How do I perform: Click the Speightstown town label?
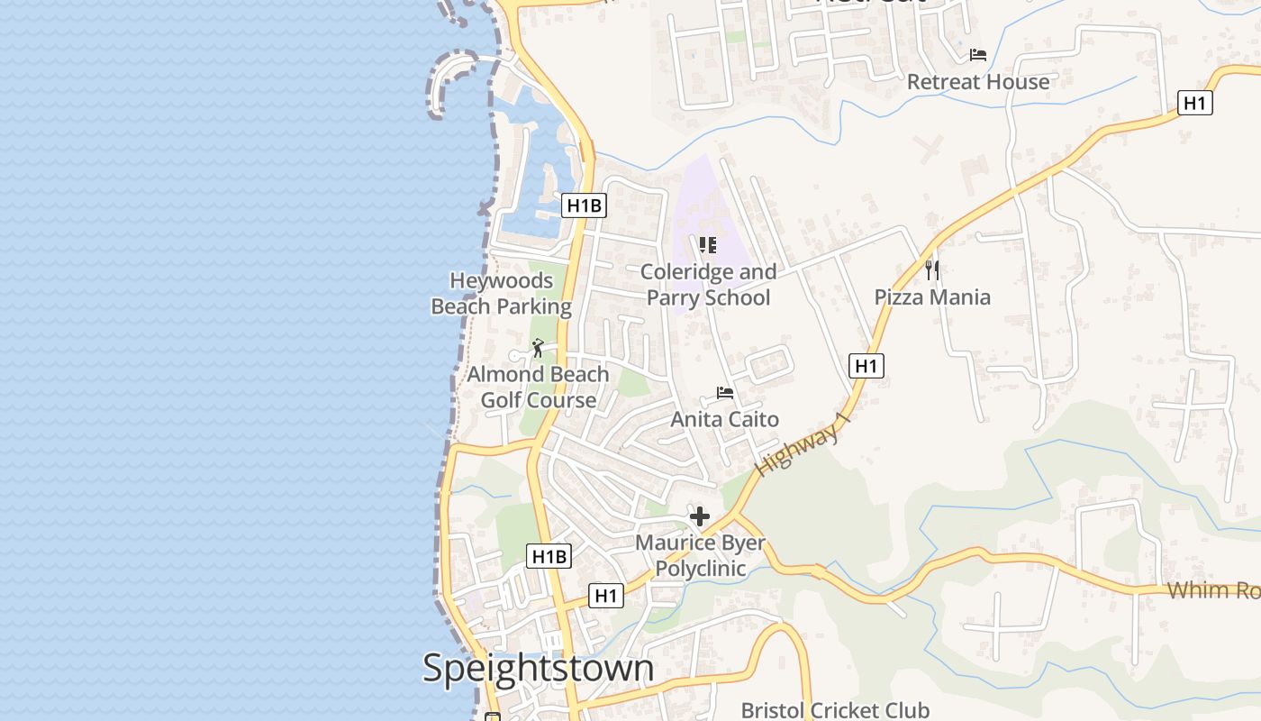click(538, 669)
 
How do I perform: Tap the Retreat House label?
click(978, 82)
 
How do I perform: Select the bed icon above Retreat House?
click(978, 55)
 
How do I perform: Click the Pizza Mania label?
click(932, 297)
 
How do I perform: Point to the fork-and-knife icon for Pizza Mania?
click(932, 269)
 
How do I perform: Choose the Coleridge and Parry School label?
click(708, 285)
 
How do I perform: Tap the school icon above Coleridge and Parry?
click(708, 244)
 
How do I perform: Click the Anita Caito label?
click(724, 419)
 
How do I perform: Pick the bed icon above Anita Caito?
click(724, 393)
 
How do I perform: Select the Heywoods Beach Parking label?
click(502, 294)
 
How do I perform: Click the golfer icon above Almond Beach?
click(538, 348)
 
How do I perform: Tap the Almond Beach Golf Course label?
click(538, 388)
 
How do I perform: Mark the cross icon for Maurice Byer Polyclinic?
click(700, 516)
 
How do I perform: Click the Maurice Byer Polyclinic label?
click(700, 556)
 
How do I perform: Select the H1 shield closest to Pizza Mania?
click(866, 366)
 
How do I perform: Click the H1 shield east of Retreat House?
click(1194, 103)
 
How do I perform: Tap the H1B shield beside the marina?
click(584, 206)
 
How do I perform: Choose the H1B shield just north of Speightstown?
click(549, 556)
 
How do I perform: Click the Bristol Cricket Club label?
click(835, 710)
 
